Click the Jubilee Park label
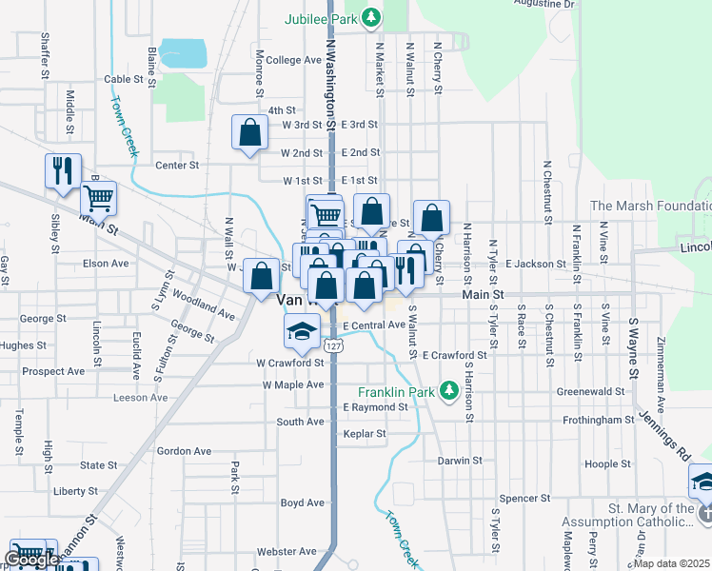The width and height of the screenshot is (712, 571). (325, 18)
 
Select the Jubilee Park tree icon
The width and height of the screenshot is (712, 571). (375, 17)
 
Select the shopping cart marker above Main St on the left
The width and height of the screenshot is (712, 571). (98, 198)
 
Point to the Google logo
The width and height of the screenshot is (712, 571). (31, 560)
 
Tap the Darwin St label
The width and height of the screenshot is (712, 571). (461, 461)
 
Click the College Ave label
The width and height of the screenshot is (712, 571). (294, 60)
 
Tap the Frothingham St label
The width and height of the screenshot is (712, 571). (596, 419)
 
